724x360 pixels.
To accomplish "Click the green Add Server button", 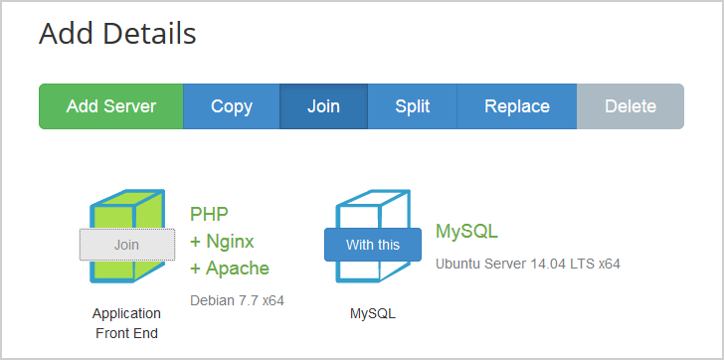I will (111, 106).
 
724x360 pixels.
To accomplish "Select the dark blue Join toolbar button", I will (323, 106).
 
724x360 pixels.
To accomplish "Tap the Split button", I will (412, 106).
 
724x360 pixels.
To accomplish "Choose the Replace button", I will (516, 106).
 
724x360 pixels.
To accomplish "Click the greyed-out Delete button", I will (631, 106).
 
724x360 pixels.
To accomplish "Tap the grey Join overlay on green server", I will (126, 244).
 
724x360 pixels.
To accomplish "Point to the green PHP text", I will (209, 213).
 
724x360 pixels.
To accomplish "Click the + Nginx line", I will (222, 241).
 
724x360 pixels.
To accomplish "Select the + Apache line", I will (229, 268).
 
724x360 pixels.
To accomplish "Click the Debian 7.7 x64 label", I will (237, 298).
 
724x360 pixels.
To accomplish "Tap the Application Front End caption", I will (126, 323).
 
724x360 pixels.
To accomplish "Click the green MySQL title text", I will (466, 232).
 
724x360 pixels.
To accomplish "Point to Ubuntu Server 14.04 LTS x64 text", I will (528, 264).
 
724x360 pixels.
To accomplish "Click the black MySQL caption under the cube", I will (373, 313).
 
